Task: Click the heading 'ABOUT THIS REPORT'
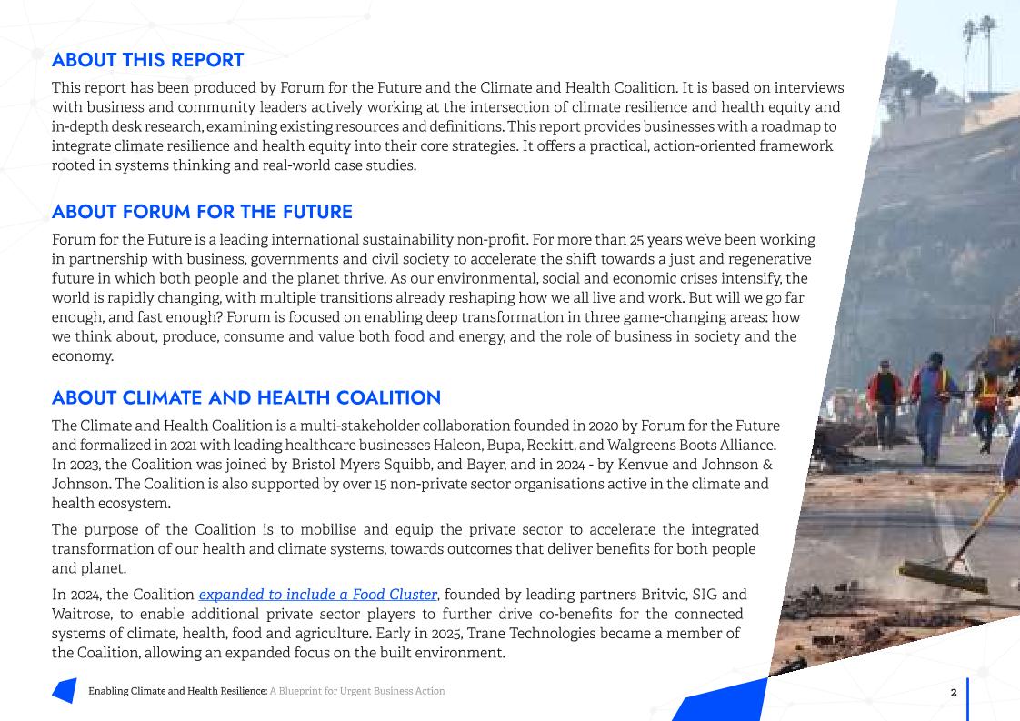coord(147,60)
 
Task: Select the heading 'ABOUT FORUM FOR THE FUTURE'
coord(202,212)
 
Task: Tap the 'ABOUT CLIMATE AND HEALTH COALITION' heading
coord(245,398)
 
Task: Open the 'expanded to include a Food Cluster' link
coord(318,595)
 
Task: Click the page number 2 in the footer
coord(954,693)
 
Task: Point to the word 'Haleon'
coord(456,446)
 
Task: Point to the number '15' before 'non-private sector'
coord(381,485)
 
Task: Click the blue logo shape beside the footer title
coord(65,691)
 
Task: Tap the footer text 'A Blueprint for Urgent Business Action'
coord(357,692)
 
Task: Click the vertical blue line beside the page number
coord(968,698)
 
